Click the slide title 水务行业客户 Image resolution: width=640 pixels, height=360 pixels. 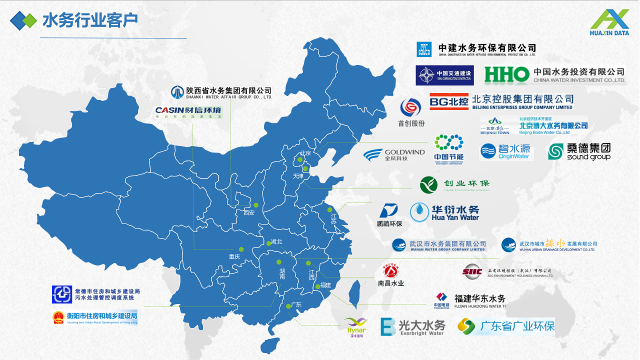click(90, 20)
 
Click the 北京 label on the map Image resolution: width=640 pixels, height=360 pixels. click(305, 153)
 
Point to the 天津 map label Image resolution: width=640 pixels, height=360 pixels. click(298, 176)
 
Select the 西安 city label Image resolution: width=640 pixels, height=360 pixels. click(249, 212)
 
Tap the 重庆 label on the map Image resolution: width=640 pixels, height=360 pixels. click(234, 256)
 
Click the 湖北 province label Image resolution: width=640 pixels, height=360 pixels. click(276, 241)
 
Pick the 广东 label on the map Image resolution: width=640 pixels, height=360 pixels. click(295, 305)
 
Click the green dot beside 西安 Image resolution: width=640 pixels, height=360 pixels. click(255, 204)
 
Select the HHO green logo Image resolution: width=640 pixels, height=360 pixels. click(506, 75)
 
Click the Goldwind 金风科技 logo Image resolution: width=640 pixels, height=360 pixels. click(394, 155)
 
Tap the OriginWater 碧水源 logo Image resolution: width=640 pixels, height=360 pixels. click(506, 151)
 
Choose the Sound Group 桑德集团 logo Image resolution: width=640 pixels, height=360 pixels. click(579, 151)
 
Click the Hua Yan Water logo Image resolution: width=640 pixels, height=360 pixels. click(444, 212)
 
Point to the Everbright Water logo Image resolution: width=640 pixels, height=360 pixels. click(413, 327)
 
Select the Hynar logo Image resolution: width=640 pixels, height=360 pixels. click(356, 327)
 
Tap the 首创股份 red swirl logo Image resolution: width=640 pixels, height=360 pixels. click(411, 107)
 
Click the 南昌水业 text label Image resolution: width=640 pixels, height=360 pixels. click(391, 283)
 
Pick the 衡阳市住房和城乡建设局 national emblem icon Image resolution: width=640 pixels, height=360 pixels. click(58, 317)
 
